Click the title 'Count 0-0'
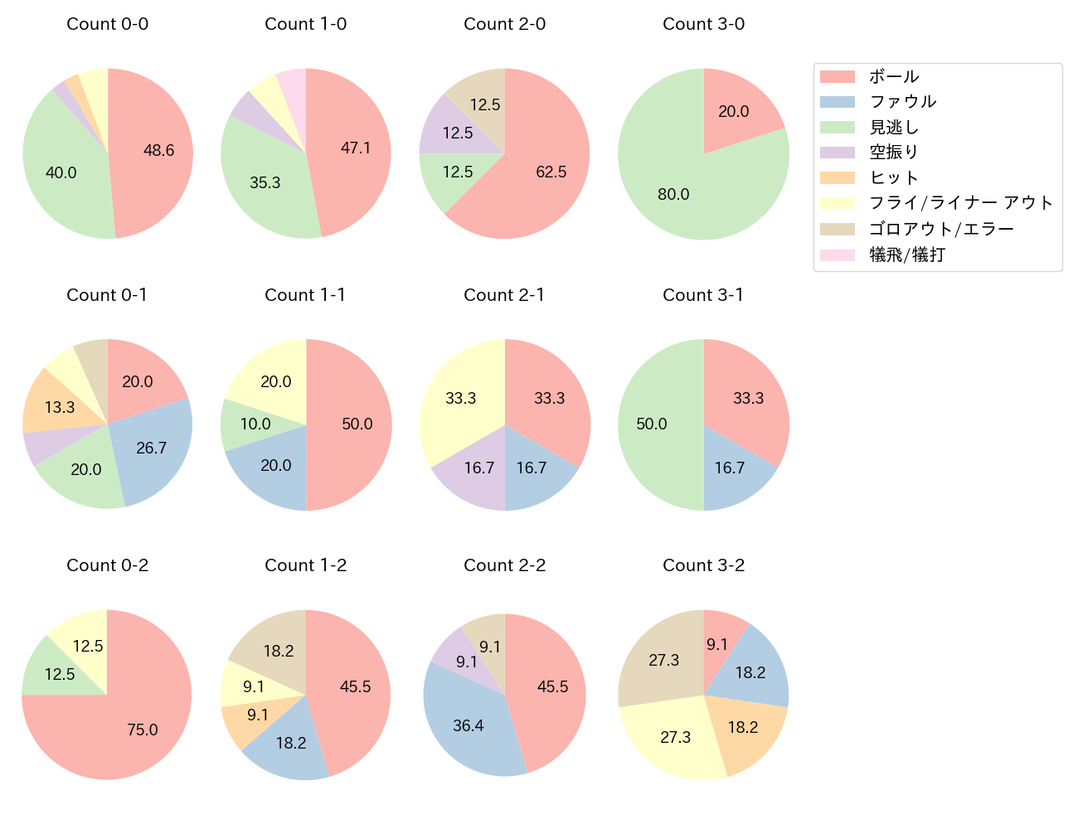107,24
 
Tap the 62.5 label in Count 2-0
551,172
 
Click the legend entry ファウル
902,102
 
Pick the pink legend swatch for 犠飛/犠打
837,255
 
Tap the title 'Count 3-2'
703,565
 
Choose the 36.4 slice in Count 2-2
469,725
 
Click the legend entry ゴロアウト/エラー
940,229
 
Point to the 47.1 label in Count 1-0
356,148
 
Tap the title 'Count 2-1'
504,295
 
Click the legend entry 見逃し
893,128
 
